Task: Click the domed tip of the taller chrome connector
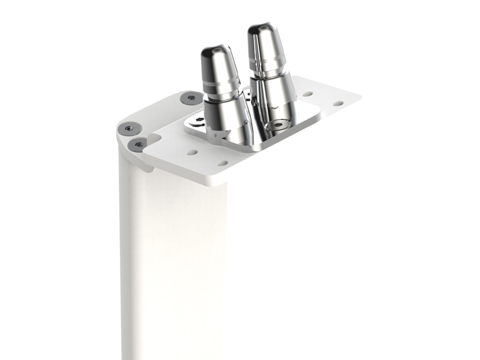pyautogui.click(x=262, y=31)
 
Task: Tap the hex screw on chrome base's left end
pyautogui.click(x=198, y=119)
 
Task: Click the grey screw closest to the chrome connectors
pyautogui.click(x=191, y=98)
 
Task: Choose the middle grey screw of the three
pyautogui.click(x=129, y=129)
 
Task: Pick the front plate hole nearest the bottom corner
pyautogui.click(x=223, y=163)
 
